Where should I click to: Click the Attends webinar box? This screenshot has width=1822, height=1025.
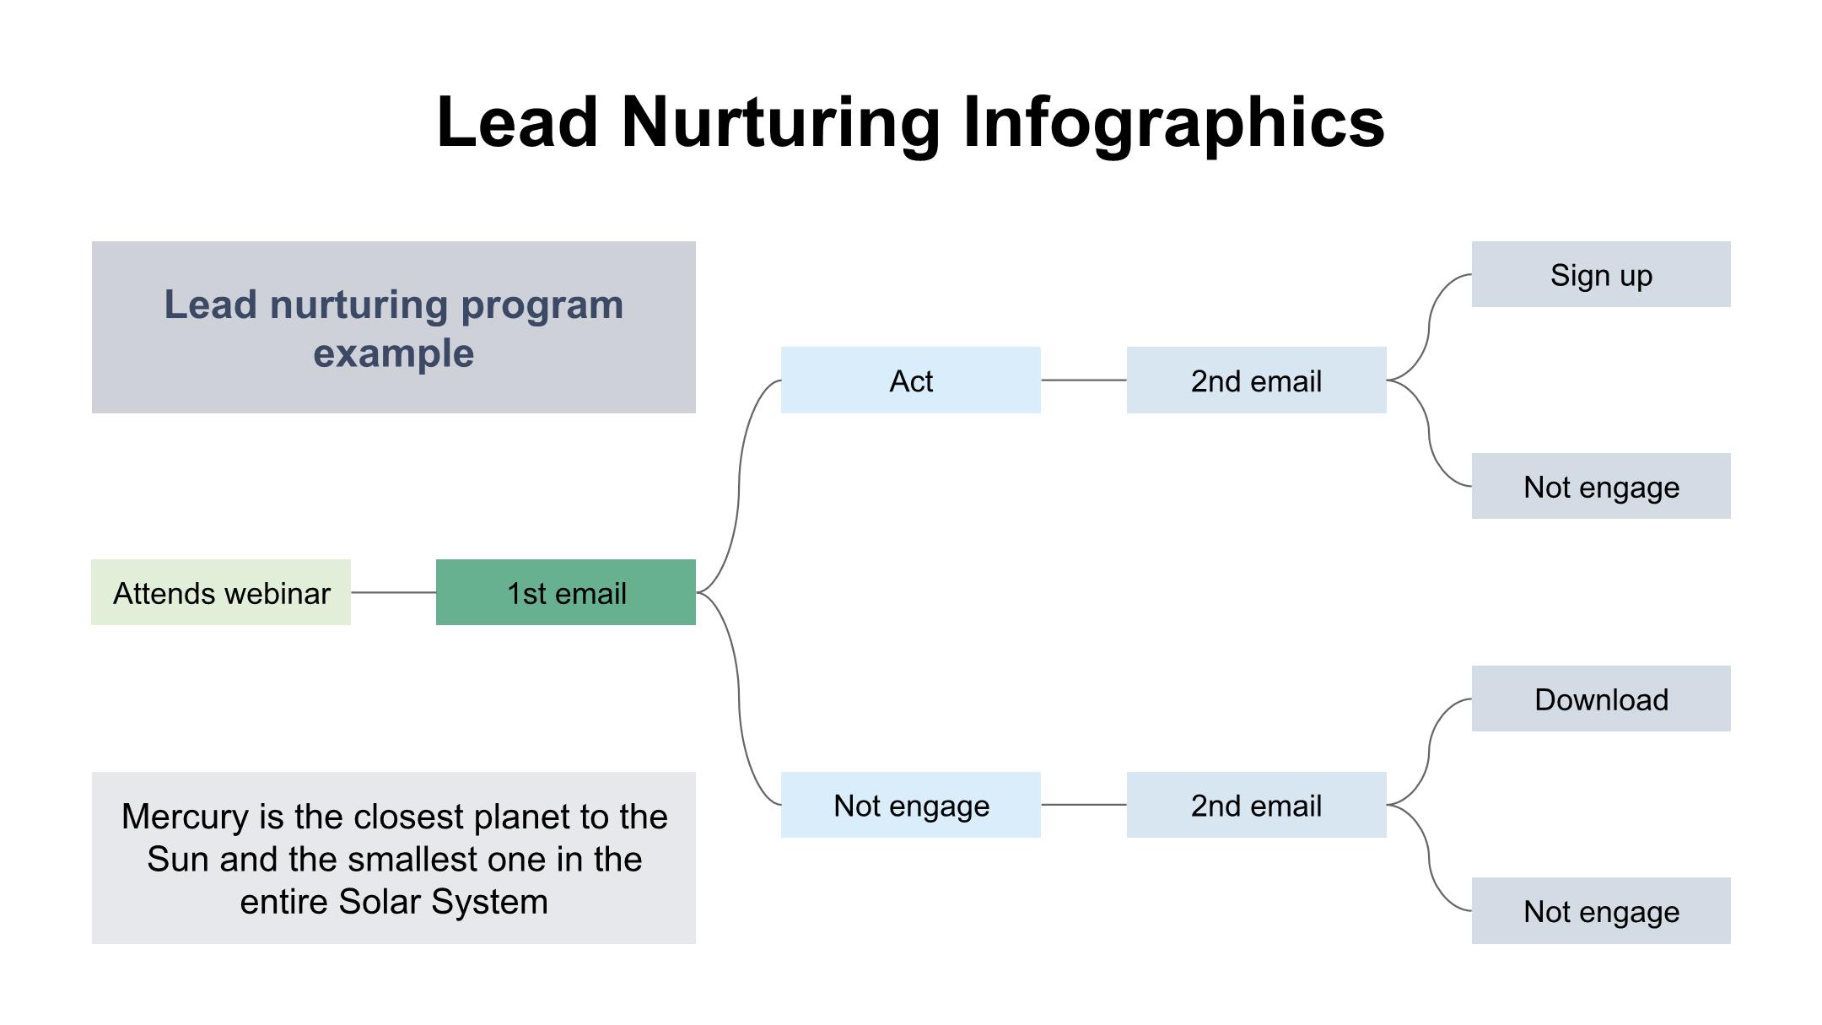coord(221,592)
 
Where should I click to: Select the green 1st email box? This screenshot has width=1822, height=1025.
coord(565,592)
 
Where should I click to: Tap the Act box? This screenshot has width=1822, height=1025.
coord(910,380)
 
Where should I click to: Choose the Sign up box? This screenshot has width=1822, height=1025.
coord(1600,275)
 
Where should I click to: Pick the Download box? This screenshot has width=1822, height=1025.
coord(1600,699)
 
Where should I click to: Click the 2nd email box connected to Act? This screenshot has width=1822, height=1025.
coord(1256,380)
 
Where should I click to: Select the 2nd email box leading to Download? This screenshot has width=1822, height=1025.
coord(1256,805)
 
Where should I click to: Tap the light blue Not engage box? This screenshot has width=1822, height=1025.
coord(910,805)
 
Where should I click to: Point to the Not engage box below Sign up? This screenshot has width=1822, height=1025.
coord(1600,487)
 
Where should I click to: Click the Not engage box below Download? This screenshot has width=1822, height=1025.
coord(1600,911)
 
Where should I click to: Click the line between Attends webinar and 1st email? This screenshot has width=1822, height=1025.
coord(393,592)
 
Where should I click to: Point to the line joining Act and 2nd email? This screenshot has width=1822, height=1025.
coord(1083,380)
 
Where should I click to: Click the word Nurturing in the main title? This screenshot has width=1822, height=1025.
coord(780,122)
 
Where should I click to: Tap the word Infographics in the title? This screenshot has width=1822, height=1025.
coord(1173,122)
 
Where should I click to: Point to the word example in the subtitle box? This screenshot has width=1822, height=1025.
coord(393,353)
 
